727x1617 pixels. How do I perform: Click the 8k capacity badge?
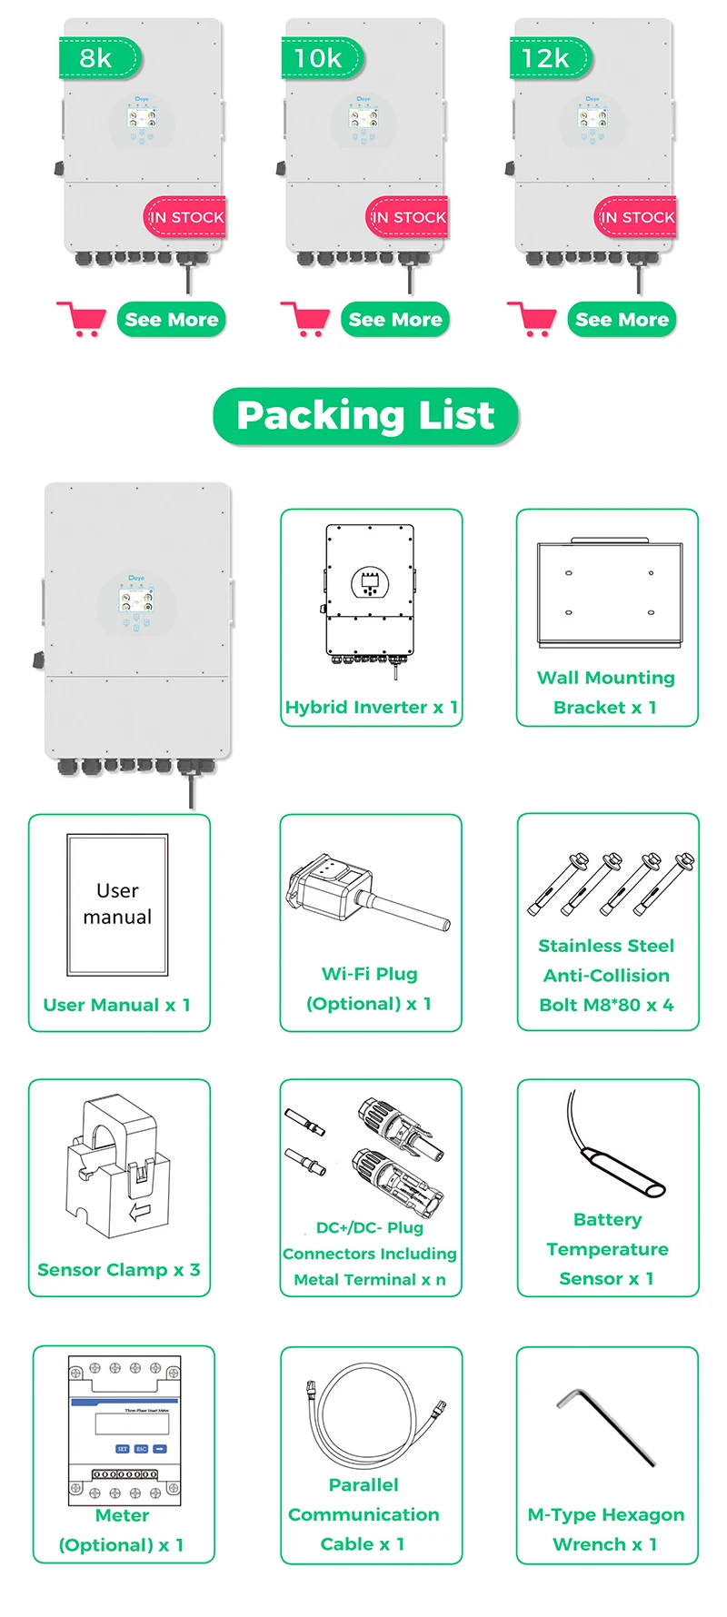point(98,58)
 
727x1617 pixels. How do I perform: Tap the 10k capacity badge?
point(320,58)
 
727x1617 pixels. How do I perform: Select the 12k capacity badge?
point(547,58)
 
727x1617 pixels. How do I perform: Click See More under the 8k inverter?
point(171,320)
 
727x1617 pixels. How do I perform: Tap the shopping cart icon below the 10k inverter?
point(305,319)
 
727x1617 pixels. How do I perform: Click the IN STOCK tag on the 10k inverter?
point(408,218)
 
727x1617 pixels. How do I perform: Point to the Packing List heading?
point(365,416)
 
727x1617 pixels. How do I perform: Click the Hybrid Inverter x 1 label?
point(371,707)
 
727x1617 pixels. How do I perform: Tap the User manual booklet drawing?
point(117,904)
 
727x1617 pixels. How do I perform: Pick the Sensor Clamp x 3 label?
point(119,1269)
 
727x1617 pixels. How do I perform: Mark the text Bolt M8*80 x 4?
point(606,1005)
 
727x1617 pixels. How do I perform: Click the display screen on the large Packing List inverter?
point(136,600)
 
